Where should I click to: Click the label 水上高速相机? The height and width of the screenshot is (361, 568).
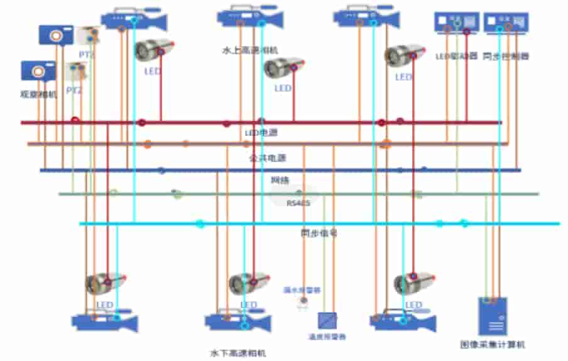[249, 50]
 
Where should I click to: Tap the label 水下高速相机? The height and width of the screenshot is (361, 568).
[238, 353]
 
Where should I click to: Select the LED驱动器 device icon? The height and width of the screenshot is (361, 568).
[457, 23]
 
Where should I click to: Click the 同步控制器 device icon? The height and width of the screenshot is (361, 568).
[507, 23]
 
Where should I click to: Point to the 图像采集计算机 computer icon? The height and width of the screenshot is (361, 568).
[493, 316]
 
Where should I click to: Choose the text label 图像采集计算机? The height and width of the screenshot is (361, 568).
[493, 345]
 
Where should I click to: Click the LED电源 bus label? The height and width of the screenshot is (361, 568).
[261, 133]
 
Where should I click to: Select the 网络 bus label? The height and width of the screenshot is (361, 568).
[280, 181]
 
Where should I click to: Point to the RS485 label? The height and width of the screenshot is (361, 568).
[298, 203]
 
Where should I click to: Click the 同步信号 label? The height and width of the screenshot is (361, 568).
[319, 233]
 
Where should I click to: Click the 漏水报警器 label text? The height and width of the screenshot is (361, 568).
[302, 291]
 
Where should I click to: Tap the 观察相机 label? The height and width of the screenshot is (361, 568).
[39, 94]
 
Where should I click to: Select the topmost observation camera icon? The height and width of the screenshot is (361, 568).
[56, 35]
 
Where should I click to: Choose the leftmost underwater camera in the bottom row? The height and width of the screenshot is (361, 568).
[104, 322]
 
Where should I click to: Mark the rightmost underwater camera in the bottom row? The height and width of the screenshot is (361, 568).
[402, 321]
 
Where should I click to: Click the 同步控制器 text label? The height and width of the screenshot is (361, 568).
[506, 56]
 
